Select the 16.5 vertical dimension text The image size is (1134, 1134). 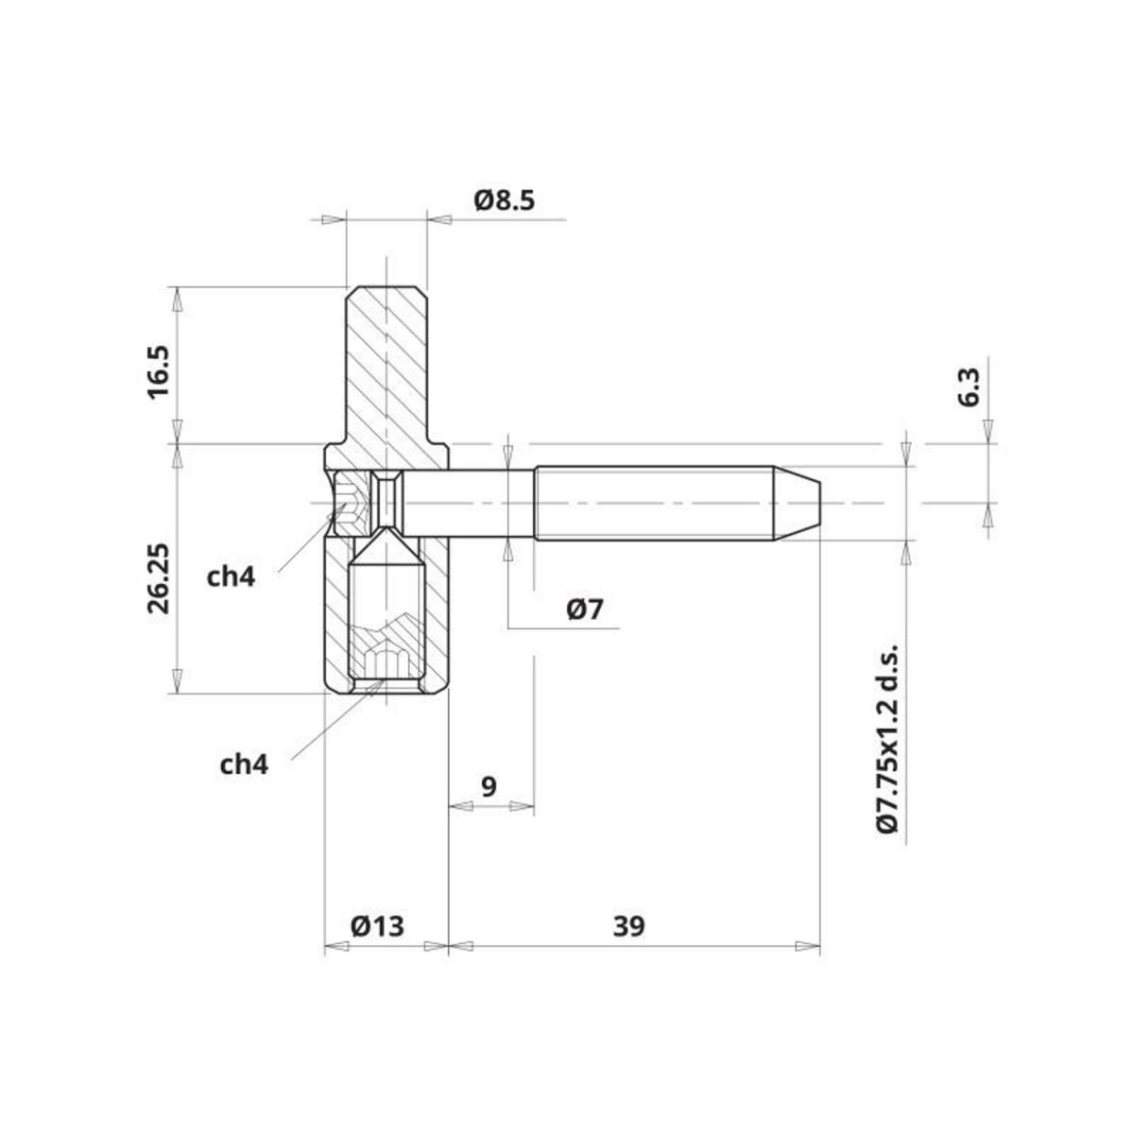158,370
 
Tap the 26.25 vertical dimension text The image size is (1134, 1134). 158,578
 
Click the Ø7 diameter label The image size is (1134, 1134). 585,610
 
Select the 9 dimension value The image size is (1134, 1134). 489,786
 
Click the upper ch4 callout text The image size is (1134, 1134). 232,576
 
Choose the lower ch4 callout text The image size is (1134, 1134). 244,764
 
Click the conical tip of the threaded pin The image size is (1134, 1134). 799,502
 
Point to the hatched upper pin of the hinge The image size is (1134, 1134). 387,364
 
